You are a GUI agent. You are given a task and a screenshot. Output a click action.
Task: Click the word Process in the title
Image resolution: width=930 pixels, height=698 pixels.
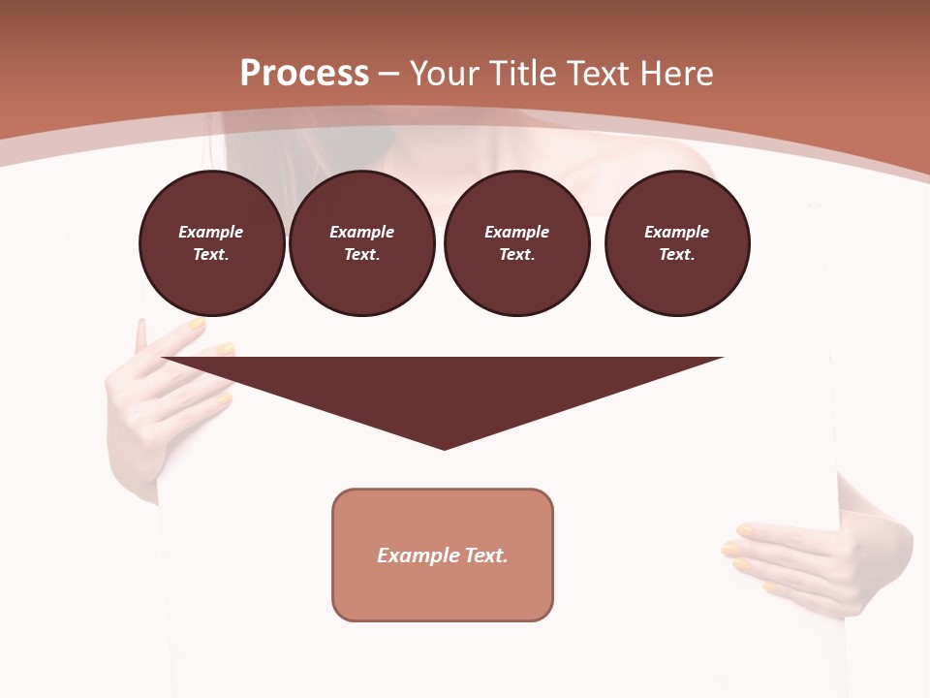(x=304, y=74)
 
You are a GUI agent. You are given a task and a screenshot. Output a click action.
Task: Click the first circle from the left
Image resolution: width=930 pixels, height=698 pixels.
(x=212, y=243)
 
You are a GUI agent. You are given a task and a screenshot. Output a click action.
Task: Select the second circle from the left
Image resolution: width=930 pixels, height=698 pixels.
(x=362, y=243)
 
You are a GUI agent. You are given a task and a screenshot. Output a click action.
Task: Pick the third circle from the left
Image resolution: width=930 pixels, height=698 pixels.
(x=516, y=243)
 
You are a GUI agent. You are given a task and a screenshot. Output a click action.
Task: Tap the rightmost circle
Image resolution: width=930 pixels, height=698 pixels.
(x=677, y=243)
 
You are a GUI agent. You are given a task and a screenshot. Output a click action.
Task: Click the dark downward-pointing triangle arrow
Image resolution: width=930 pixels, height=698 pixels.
(x=443, y=388)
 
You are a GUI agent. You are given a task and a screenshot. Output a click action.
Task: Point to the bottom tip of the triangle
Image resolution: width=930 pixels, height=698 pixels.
(x=444, y=447)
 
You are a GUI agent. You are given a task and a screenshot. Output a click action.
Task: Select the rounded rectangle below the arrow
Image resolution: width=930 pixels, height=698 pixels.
(x=443, y=555)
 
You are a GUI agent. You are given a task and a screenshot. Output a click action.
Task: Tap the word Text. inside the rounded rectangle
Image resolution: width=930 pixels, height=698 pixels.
(x=486, y=555)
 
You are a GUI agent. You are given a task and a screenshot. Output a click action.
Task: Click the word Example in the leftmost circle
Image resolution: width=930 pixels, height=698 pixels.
(x=211, y=232)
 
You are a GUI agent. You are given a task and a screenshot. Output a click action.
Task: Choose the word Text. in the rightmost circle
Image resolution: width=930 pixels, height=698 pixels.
(x=677, y=254)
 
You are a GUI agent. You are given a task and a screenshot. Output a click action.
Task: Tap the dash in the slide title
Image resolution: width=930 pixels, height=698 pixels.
(x=388, y=74)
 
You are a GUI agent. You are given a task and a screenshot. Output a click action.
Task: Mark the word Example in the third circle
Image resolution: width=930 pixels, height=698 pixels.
(x=516, y=232)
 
